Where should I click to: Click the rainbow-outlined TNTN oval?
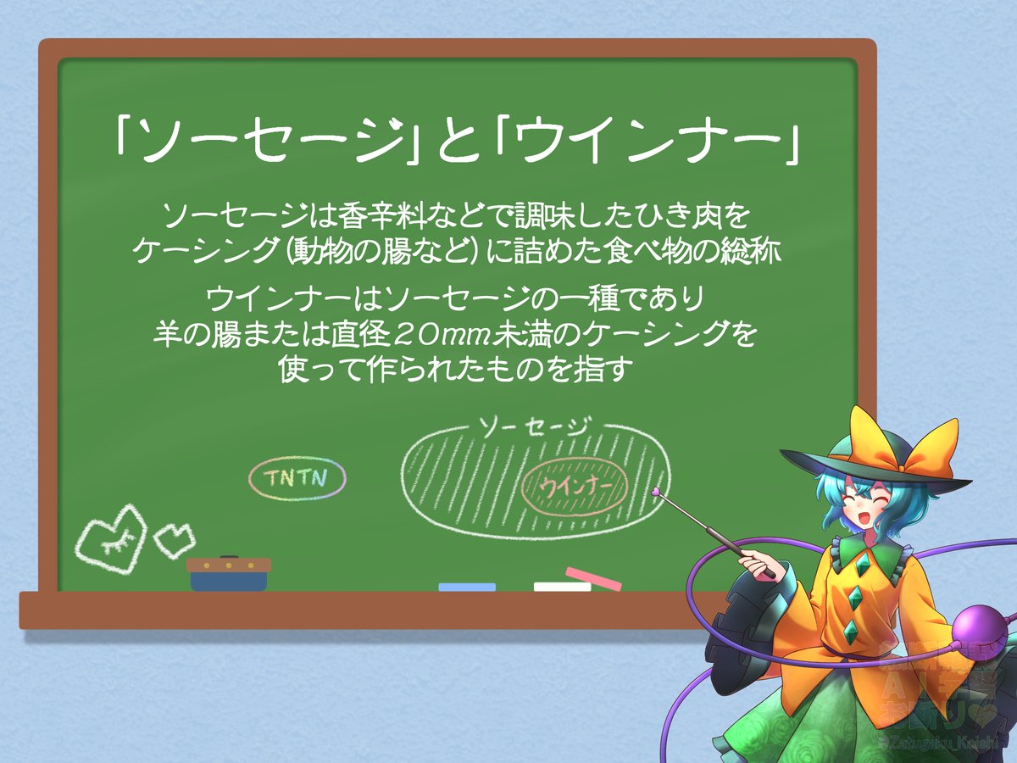297,478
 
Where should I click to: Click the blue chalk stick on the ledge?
467,587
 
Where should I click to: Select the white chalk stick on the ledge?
562,586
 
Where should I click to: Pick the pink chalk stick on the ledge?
594,578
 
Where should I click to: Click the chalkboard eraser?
228,574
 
